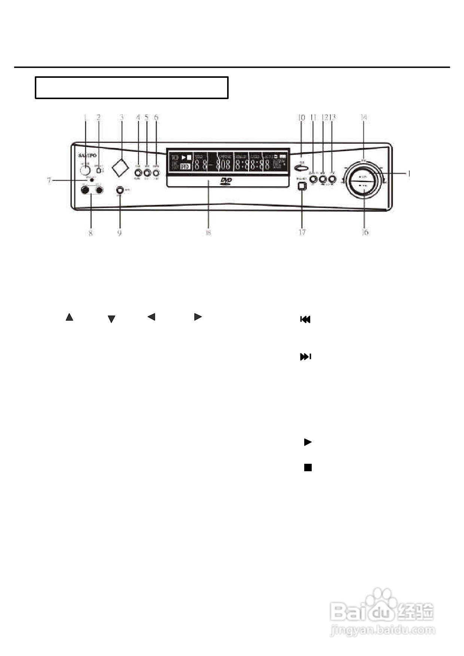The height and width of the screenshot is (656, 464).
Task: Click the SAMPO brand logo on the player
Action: tap(87, 155)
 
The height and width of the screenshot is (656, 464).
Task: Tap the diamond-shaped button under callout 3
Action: tap(120, 168)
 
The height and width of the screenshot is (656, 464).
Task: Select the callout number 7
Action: tap(49, 181)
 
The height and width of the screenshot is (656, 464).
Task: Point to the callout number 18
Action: tap(208, 232)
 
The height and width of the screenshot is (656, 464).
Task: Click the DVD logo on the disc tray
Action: tap(226, 182)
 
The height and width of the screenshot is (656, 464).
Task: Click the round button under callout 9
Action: tap(120, 190)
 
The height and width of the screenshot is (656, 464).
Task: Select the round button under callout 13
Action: tap(332, 179)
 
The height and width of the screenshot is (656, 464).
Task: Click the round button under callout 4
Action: tap(138, 173)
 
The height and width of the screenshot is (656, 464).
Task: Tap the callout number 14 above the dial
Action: tap(363, 117)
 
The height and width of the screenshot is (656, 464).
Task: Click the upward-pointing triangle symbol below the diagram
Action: tap(69, 317)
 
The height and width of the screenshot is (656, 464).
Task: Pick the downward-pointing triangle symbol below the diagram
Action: tap(111, 319)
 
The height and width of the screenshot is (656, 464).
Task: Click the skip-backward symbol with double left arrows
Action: tap(305, 319)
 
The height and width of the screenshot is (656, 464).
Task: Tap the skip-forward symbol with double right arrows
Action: tap(306, 357)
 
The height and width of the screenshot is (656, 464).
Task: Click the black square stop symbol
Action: tap(308, 468)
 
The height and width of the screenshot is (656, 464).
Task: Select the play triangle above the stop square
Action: tap(308, 442)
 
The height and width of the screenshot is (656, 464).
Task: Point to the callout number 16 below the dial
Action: tap(365, 232)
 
